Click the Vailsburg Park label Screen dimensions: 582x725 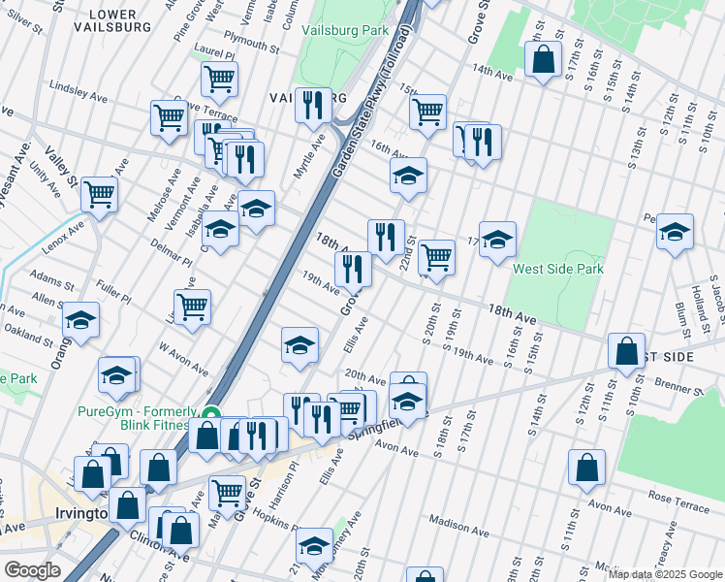click(x=344, y=31)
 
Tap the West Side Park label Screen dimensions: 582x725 click(x=557, y=269)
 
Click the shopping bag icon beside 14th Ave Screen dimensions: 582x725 click(x=544, y=58)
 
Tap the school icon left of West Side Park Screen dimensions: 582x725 click(x=497, y=239)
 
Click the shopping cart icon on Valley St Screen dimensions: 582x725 click(x=99, y=194)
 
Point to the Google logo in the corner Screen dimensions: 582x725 click(x=33, y=570)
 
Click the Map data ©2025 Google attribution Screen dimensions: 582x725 click(x=664, y=574)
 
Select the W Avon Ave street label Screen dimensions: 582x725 click(x=183, y=358)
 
